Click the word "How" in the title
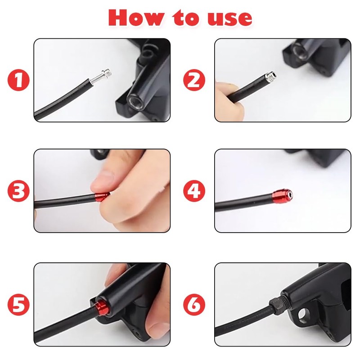[x=137, y=18]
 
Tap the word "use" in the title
[x=230, y=19]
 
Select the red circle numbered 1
[x=18, y=80]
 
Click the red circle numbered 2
[x=194, y=80]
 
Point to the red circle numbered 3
[x=18, y=191]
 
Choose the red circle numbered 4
[x=194, y=191]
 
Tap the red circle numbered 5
[x=18, y=305]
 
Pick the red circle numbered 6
[x=194, y=305]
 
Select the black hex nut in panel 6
[x=277, y=304]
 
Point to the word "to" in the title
[x=186, y=18]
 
